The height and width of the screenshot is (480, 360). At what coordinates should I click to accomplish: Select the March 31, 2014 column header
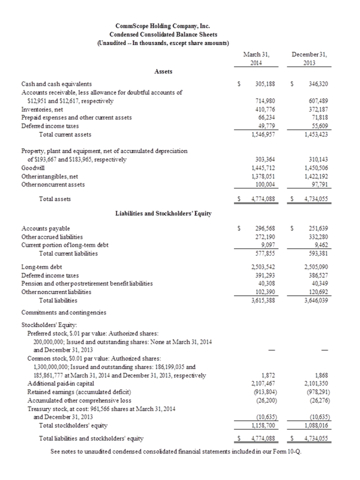pyautogui.click(x=257, y=58)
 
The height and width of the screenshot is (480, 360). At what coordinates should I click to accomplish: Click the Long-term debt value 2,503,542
pyautogui.click(x=261, y=266)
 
